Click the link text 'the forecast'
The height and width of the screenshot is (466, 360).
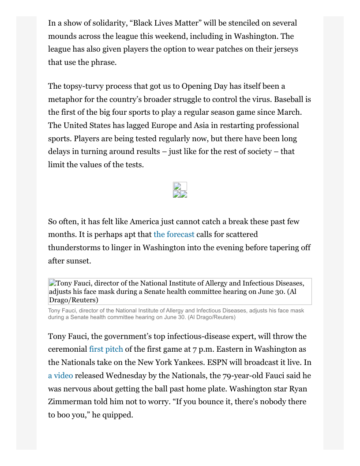[174, 234]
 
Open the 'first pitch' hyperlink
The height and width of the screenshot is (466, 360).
[106, 349]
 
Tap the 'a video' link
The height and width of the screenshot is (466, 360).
[60, 376]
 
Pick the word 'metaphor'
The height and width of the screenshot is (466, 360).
[65, 99]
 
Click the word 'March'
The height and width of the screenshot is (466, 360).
[289, 112]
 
